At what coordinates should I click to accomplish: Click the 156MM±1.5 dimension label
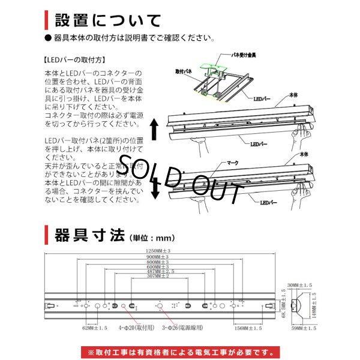(x=248, y=328)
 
